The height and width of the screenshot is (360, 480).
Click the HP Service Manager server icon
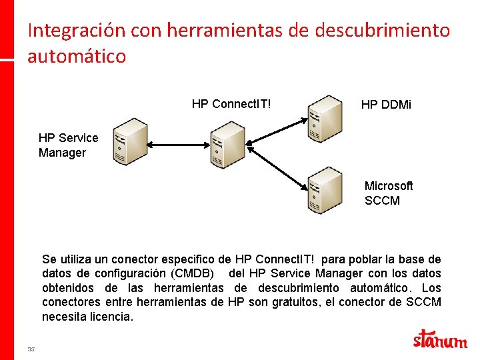(129, 141)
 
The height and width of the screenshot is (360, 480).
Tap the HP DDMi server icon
(325, 119)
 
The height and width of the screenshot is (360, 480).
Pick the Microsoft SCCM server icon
(325, 190)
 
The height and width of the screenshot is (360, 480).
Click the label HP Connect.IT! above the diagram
(231, 104)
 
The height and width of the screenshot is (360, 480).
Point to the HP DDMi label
(386, 105)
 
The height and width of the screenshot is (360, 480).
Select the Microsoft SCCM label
(389, 193)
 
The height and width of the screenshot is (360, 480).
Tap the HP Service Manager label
(68, 145)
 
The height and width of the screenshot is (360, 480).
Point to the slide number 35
(31, 349)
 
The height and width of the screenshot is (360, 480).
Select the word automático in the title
(77, 56)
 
